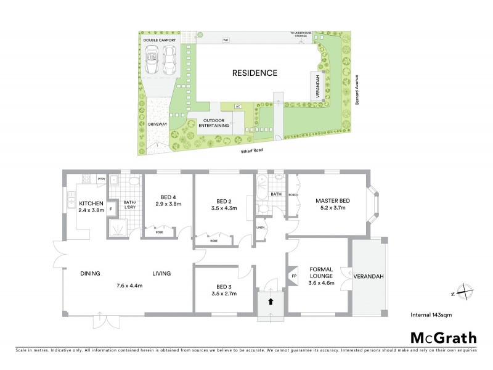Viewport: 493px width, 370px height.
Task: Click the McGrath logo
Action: (444, 337)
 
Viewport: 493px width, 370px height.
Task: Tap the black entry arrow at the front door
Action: (271, 302)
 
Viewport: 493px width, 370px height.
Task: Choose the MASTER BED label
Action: (333, 201)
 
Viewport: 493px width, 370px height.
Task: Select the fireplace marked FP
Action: (294, 276)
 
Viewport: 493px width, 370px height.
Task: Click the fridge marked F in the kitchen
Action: (111, 209)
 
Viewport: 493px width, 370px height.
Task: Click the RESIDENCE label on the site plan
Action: (255, 73)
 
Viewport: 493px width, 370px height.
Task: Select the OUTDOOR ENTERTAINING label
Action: (214, 122)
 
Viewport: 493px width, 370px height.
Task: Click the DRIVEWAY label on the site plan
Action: (158, 124)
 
